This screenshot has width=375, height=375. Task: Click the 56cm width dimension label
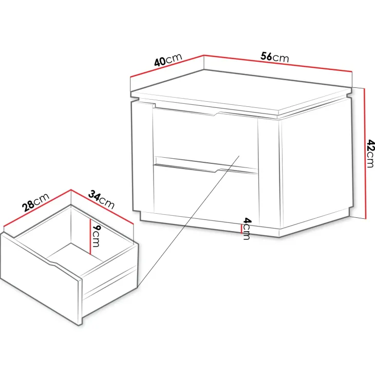point(274,58)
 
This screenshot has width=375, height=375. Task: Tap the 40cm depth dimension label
point(168,60)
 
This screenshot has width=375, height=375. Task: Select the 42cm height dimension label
point(370,154)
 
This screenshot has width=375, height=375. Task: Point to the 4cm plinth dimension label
point(247,229)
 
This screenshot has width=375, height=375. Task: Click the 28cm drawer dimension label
point(35,202)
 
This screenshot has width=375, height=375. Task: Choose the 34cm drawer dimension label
point(101,199)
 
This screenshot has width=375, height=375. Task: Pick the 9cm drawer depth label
point(96,236)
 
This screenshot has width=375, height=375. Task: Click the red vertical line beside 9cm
point(90,237)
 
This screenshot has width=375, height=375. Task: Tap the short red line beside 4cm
point(241,229)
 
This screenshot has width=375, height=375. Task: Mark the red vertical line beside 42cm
point(365,153)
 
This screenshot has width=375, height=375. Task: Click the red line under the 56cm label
point(278,63)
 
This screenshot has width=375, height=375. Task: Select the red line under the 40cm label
point(167,66)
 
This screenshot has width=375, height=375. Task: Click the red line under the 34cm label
point(102,207)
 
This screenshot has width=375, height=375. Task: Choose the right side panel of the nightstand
point(316,165)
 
